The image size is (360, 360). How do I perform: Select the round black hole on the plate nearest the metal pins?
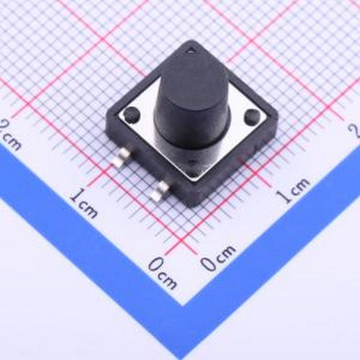tap(132, 114)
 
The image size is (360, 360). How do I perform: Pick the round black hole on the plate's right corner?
tap(252, 117)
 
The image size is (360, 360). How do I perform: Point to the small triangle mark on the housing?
tap(190, 50)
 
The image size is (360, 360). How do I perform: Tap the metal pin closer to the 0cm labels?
tap(161, 189)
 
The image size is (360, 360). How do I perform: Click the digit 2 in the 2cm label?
tap(6, 128)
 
